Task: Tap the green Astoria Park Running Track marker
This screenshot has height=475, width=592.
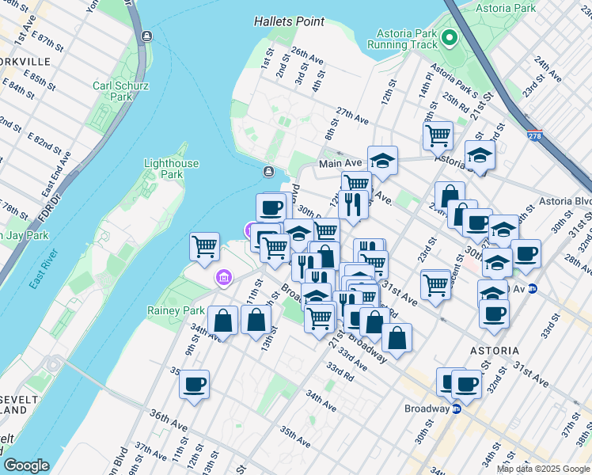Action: coord(449,36)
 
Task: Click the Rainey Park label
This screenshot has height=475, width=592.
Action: coord(176,310)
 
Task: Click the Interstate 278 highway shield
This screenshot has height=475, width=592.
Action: coord(535,136)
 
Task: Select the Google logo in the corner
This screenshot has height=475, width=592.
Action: coord(26,465)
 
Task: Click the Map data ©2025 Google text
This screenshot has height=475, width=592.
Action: coord(543,469)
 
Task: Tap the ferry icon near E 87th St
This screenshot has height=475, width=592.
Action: coord(146,36)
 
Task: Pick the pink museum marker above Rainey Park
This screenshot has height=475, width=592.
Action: coord(224,278)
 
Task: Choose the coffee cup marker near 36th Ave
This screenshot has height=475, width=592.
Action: coord(194,384)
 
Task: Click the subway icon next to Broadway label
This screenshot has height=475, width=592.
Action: coord(456,408)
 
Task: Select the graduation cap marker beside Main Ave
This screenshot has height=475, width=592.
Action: coord(382,160)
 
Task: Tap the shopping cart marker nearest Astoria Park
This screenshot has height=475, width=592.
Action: coord(437,135)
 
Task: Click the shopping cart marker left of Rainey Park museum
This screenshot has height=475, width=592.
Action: coord(205,246)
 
